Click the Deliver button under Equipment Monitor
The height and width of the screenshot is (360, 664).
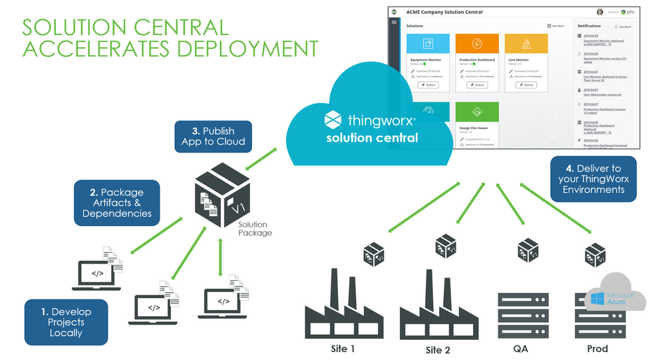coord(428,85)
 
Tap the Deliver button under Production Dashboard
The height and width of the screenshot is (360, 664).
coord(478,85)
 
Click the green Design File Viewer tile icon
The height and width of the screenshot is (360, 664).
coord(478,110)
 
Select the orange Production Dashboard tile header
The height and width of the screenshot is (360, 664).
coord(478,43)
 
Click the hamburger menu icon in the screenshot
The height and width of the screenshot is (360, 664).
coord(394,23)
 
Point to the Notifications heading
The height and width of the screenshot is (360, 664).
coord(589,26)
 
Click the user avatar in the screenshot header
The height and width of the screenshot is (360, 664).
coord(600,12)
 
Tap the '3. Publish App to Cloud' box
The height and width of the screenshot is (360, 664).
coord(213,136)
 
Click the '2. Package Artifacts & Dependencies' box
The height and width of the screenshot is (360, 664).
coord(117,202)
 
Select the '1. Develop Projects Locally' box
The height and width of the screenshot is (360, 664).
coord(66,322)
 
